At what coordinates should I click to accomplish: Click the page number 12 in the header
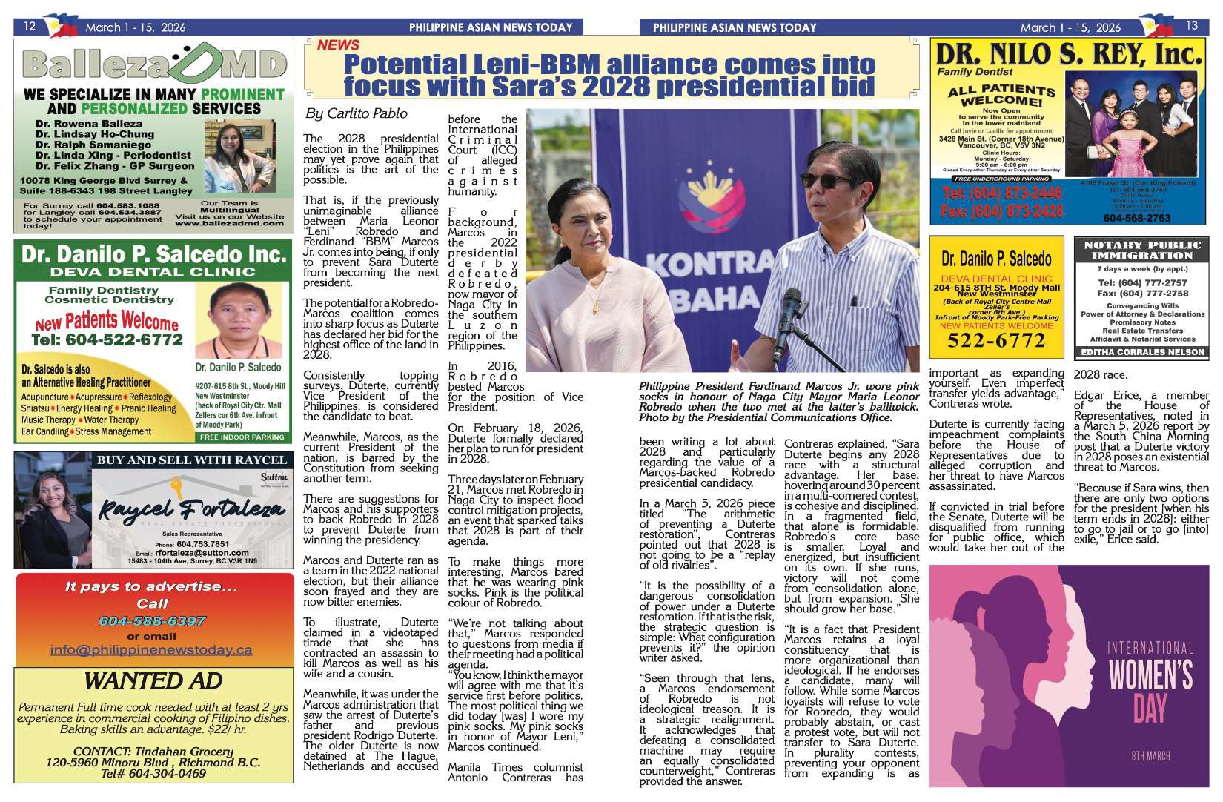point(30,27)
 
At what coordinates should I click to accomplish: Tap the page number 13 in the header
point(1191,26)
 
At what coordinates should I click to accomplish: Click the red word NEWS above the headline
point(338,45)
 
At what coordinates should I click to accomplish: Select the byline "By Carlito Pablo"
point(356,113)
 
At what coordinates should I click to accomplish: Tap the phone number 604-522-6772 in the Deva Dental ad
point(107,339)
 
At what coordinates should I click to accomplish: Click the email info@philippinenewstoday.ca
point(151,650)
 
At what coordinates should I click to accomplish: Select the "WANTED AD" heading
point(153,680)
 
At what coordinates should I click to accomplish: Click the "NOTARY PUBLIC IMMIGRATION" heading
point(1141,251)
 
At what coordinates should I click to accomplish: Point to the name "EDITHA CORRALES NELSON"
point(1142,352)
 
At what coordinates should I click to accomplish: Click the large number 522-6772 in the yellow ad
point(996,340)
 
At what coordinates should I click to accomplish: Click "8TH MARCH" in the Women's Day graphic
point(1150,755)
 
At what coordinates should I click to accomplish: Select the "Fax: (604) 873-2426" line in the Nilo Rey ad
point(1002,211)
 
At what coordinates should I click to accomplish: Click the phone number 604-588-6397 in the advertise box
point(152,620)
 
